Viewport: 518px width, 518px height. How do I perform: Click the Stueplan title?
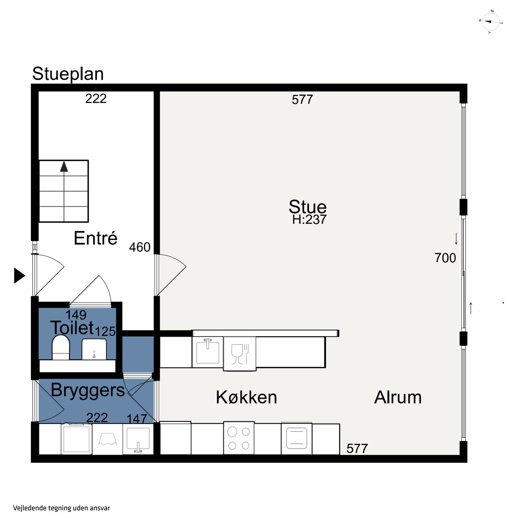click(x=68, y=74)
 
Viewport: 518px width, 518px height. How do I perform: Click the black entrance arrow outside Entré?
click(x=20, y=276)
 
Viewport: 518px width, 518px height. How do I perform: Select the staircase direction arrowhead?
click(x=64, y=166)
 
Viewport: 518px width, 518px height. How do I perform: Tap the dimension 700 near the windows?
click(x=445, y=258)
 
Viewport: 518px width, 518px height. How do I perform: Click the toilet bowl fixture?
click(x=61, y=347)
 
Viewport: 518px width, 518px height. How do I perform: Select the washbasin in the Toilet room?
click(x=94, y=349)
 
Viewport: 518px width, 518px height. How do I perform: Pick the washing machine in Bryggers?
click(x=76, y=439)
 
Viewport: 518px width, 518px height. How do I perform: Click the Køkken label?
click(x=246, y=397)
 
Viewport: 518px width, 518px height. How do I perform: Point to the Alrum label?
click(x=398, y=397)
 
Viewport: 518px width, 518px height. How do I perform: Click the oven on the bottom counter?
click(x=296, y=439)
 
